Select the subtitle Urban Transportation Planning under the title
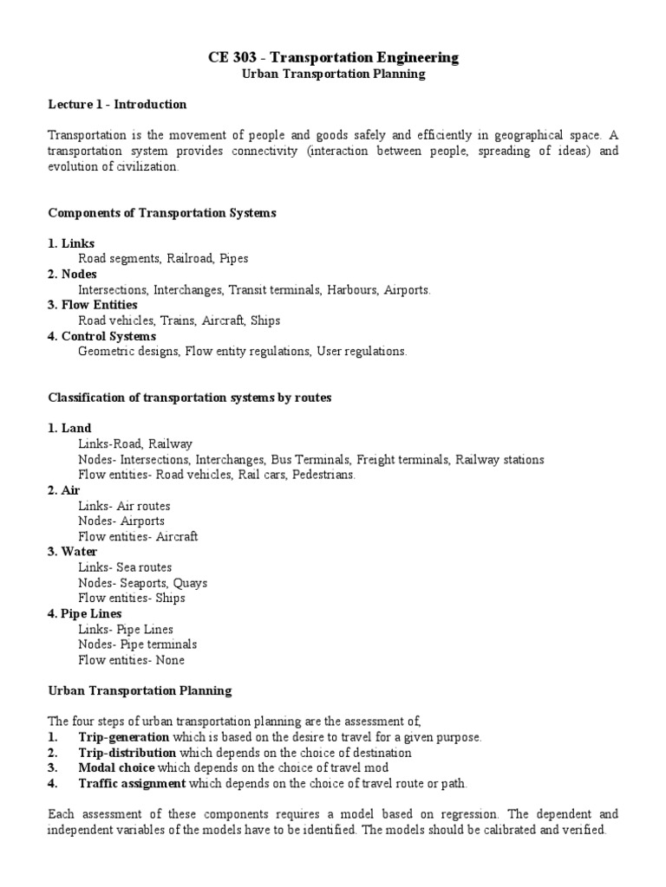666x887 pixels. point(333,74)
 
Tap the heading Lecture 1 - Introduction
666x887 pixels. point(117,105)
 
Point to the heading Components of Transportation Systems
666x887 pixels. point(162,213)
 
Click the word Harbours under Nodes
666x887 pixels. point(351,290)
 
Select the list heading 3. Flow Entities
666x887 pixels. point(93,305)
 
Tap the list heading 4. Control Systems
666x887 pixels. point(101,336)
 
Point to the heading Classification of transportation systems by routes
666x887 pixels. point(190,398)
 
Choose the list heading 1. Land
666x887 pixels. point(69,428)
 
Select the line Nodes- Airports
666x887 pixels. point(121,521)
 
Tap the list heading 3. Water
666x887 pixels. point(73,552)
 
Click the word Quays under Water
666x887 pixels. point(190,583)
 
